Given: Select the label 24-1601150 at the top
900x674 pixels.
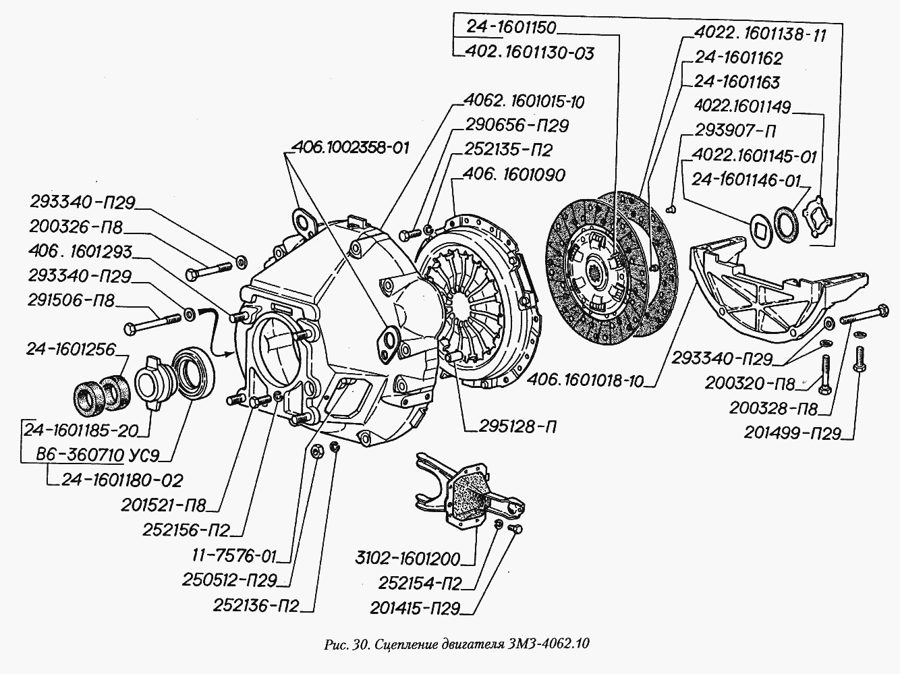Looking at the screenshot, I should click(x=510, y=28).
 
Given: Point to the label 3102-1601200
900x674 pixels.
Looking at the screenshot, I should click(x=407, y=559).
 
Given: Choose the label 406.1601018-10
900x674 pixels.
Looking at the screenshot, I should click(x=594, y=381).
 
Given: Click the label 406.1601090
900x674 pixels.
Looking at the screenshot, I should click(x=515, y=175).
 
